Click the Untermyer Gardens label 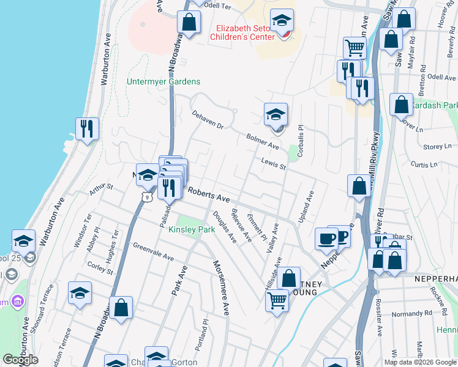[x=163, y=82]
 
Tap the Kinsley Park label [x=192, y=230]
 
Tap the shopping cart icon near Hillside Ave [x=277, y=300]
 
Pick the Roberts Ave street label [x=208, y=195]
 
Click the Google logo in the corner [x=20, y=360]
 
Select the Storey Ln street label [x=437, y=147]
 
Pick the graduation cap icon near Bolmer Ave [x=276, y=114]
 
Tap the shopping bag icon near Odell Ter [x=189, y=22]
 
